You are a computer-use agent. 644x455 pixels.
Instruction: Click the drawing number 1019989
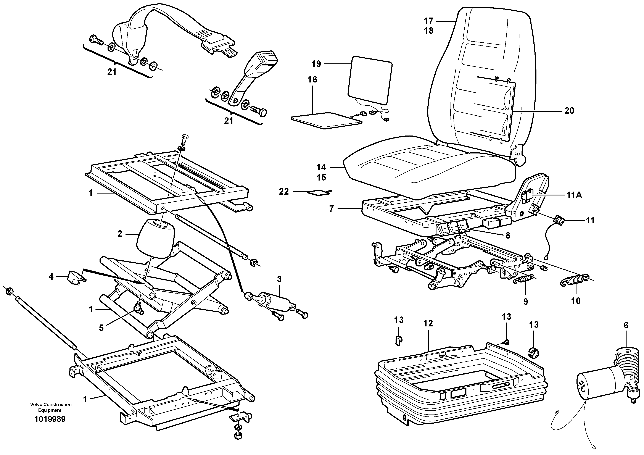50,419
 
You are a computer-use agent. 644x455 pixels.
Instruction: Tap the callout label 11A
574,195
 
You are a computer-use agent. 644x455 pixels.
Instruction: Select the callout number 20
569,111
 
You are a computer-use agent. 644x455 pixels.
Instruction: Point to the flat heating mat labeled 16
327,121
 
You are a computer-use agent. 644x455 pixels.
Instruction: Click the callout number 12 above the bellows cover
428,323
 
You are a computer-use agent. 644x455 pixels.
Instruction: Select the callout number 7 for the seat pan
332,209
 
